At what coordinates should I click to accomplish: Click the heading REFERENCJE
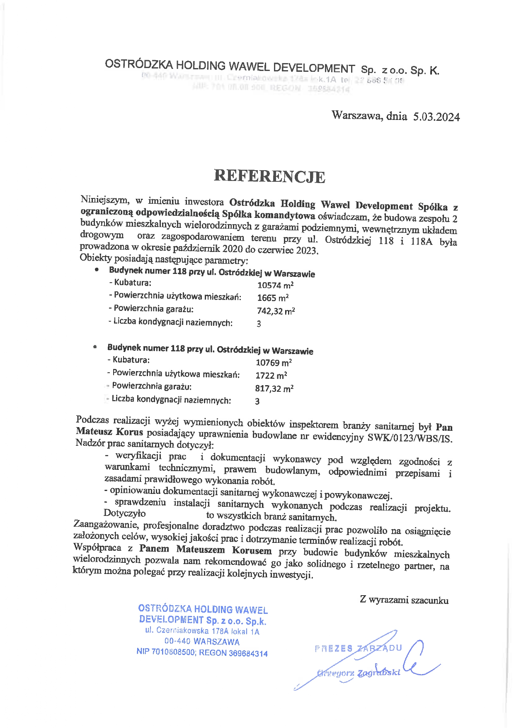pos(269,176)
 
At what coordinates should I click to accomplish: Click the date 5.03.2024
pos(436,117)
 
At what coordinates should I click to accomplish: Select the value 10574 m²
pos(275,285)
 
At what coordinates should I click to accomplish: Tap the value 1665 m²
pos(273,298)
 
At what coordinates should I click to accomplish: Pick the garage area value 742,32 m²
pos(276,311)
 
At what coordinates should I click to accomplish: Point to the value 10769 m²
pos(274,363)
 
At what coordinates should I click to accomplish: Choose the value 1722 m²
pos(271,376)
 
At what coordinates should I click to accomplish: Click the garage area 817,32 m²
pos(274,388)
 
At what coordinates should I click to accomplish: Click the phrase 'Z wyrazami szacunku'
pos(404,600)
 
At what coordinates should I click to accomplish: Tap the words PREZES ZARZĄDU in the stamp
pos(358,648)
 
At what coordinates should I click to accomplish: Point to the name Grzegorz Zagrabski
pos(359,673)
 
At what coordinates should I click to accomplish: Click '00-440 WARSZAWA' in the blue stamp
pos(202,642)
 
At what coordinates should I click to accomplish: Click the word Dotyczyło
pos(124,513)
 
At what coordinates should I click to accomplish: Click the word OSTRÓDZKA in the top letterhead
pos(138,64)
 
